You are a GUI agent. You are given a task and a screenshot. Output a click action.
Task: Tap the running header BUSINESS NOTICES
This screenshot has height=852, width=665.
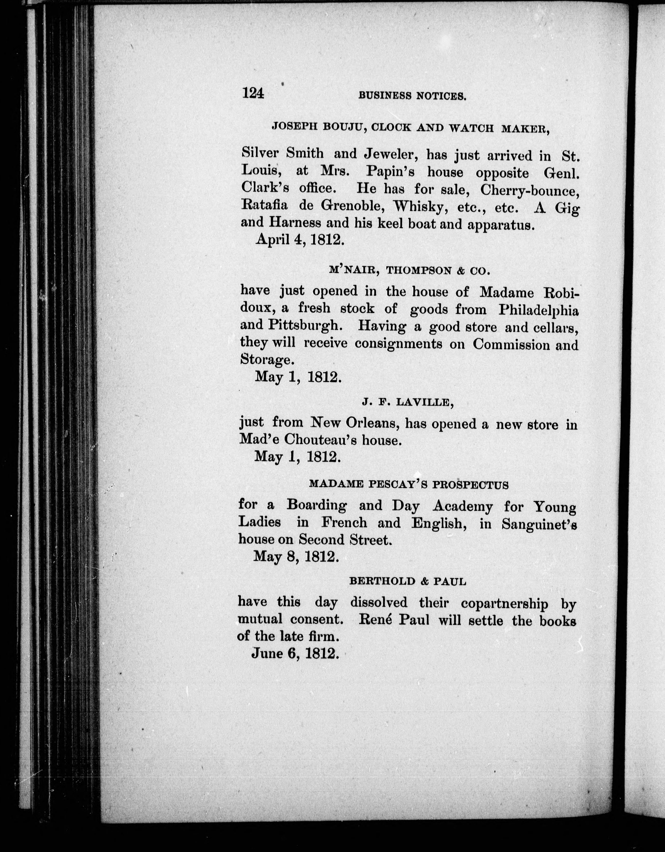pyautogui.click(x=412, y=96)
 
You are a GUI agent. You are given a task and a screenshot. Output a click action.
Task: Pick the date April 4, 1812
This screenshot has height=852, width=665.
pyautogui.click(x=300, y=239)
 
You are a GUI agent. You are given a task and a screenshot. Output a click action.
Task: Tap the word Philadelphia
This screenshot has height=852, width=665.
pyautogui.click(x=539, y=310)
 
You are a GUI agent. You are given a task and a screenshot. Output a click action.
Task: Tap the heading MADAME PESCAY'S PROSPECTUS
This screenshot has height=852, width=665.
pyautogui.click(x=409, y=485)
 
